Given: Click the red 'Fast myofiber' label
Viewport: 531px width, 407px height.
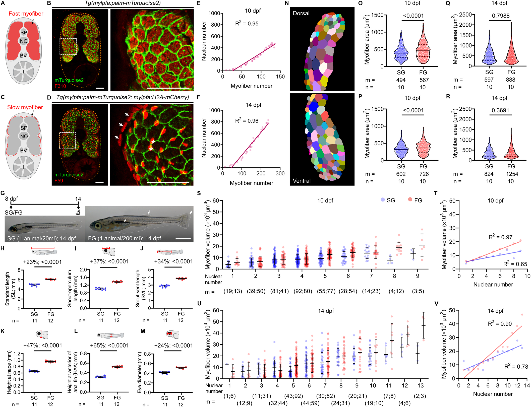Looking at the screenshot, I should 26,14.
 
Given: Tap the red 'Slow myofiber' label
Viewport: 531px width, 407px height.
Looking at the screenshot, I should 25,107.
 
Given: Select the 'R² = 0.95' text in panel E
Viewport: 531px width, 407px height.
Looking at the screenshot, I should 247,24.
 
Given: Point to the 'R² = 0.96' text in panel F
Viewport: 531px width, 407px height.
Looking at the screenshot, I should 247,121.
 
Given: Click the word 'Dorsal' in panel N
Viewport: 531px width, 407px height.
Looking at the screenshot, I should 301,14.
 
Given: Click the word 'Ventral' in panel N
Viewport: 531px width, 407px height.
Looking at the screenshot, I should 302,181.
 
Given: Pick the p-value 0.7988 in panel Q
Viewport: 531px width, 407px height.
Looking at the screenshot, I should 501,16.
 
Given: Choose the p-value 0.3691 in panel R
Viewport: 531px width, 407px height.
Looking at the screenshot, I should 500,110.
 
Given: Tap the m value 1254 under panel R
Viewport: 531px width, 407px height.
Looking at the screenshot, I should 512,174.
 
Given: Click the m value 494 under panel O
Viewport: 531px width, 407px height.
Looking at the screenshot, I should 401,80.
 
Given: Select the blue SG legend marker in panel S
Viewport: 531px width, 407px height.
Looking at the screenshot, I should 383,200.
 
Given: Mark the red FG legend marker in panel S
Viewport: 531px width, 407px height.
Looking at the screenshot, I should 410,200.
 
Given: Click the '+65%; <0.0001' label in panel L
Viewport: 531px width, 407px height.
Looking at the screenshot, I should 109,346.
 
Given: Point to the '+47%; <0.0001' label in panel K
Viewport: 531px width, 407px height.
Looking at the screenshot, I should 43,346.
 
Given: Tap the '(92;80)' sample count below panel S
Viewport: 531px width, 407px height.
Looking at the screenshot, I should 303,291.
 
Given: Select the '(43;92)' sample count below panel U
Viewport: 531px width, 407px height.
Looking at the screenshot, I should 293,396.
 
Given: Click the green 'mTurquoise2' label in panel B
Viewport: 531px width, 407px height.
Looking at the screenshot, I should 69,80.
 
